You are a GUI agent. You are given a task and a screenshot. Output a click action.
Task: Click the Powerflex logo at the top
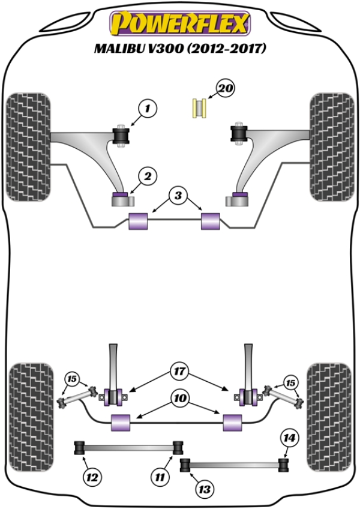pos(178,25)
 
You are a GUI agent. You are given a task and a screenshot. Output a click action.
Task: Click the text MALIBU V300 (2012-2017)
pos(179,49)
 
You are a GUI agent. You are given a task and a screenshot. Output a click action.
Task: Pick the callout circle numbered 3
pos(178,195)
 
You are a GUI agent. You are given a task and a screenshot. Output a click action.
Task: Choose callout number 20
pos(226,89)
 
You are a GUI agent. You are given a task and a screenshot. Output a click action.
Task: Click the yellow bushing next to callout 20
pos(200,107)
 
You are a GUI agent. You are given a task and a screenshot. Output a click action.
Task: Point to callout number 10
pos(178,398)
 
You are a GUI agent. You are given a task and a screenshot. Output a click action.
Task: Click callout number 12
pos(91,478)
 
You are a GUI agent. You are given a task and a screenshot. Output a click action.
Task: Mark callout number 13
pos(204,490)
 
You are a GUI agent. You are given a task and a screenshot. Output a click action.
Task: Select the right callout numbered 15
pos(290,382)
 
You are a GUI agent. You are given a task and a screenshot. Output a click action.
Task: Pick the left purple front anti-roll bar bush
pos(139,221)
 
